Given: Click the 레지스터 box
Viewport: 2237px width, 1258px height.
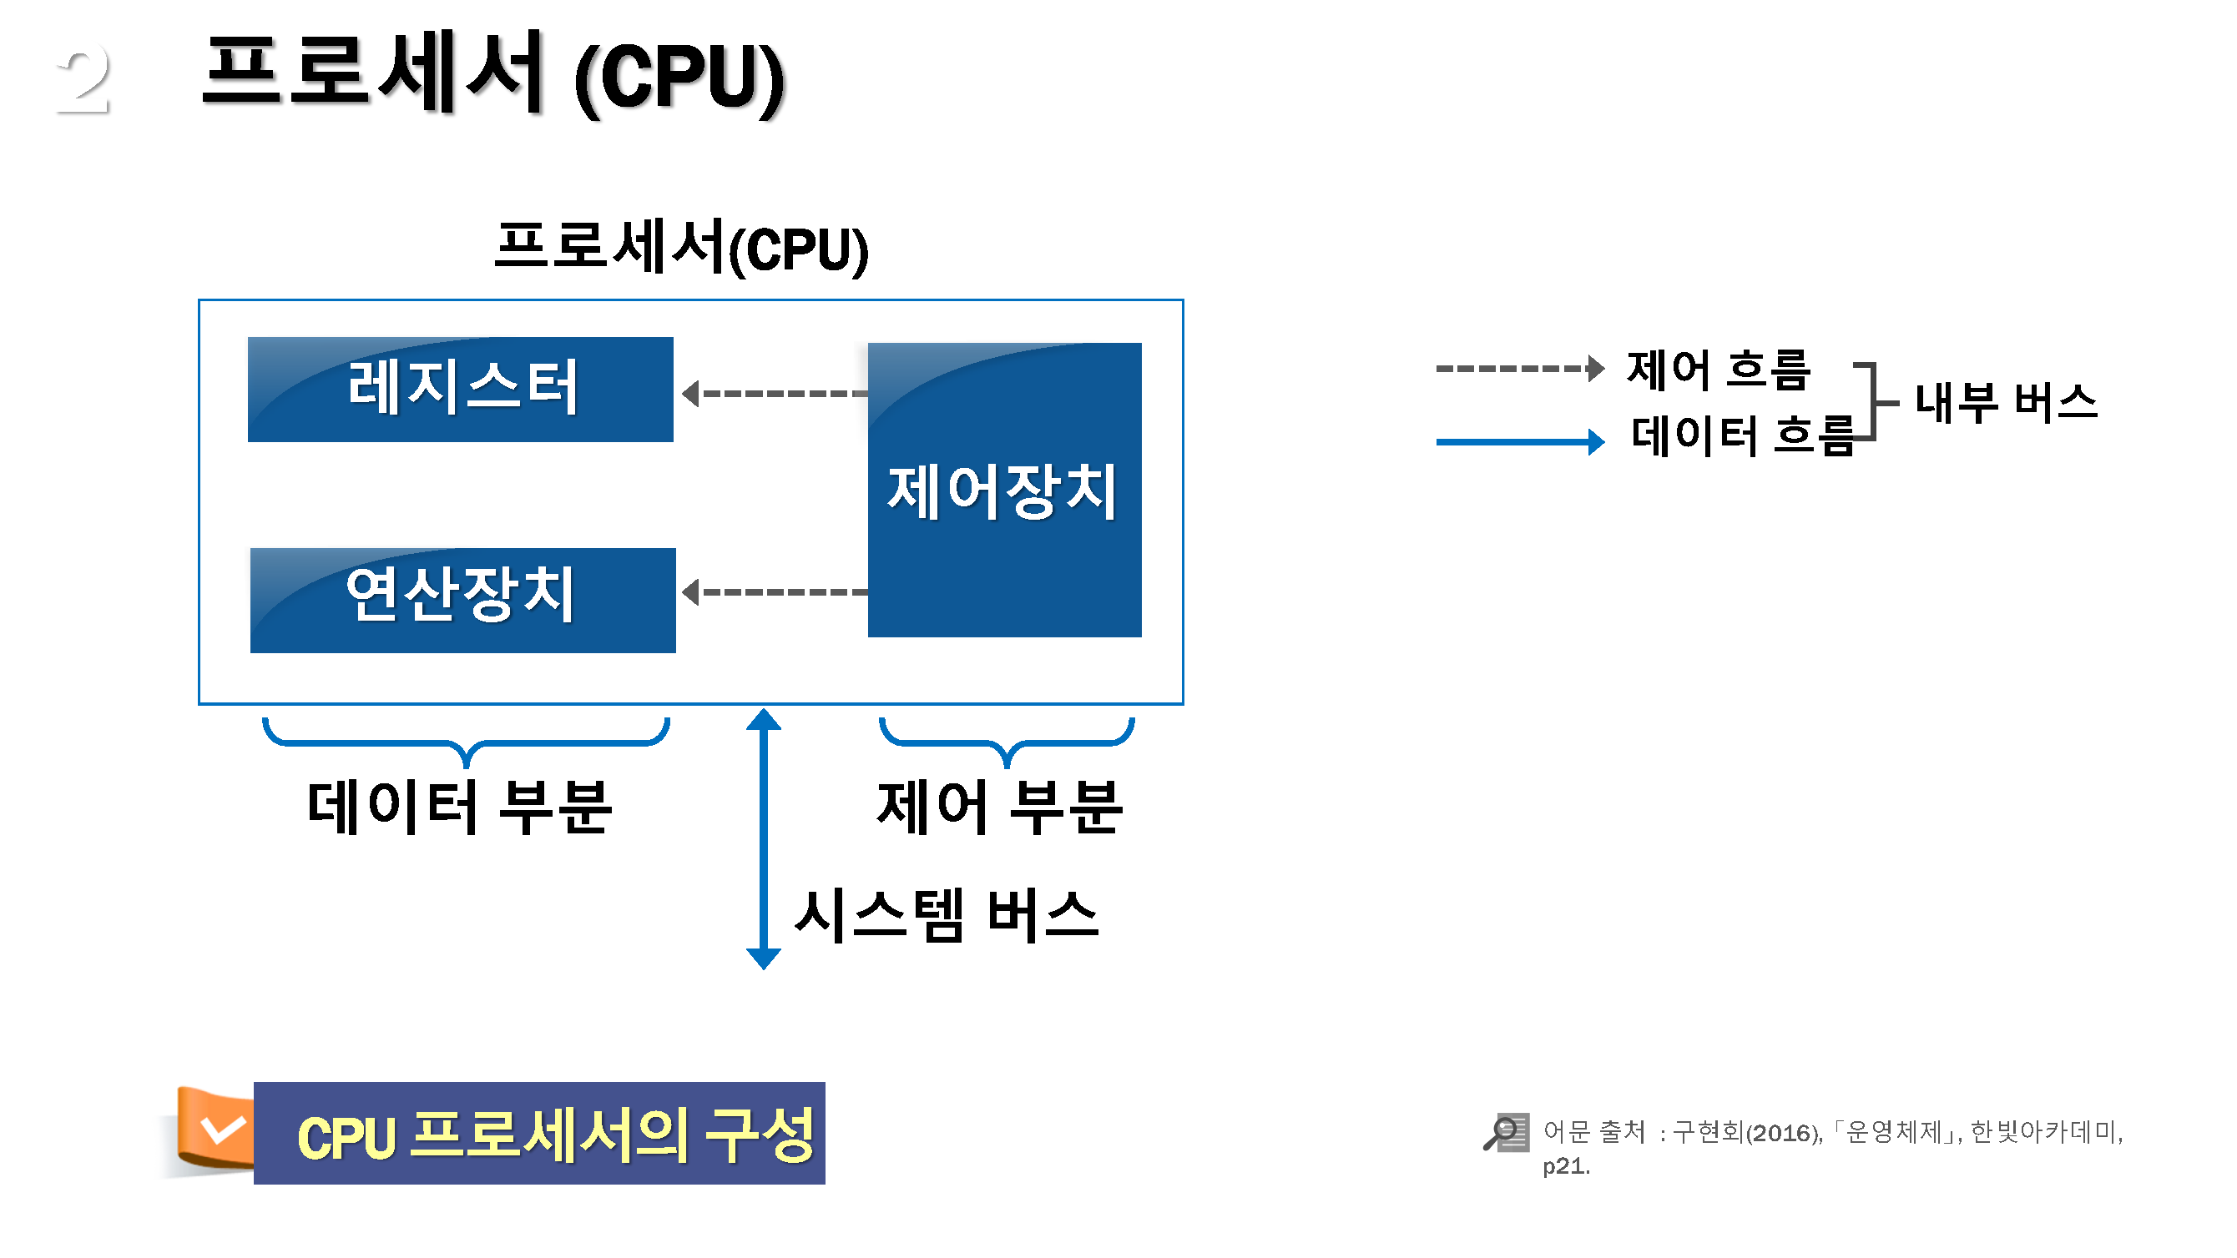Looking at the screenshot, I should pos(460,389).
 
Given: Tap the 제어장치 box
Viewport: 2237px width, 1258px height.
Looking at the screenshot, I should pos(1004,490).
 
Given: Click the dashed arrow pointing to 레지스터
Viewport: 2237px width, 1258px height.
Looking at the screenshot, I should pos(775,394).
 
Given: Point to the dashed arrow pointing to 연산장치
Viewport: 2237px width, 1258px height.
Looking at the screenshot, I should pos(775,592).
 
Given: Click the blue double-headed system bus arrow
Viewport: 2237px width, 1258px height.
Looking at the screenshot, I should pos(763,838).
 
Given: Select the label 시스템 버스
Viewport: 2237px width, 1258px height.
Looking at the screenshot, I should pos(947,915).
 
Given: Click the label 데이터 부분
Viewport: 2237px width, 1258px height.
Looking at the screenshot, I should pos(460,807).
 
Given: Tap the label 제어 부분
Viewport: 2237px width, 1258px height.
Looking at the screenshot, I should pos(1001,807).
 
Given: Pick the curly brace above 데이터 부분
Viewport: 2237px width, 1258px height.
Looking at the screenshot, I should pos(467,742).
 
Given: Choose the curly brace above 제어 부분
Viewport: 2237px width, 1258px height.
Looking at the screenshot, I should pos(1007,742).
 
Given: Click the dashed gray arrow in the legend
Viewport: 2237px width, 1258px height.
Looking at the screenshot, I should pos(1519,368).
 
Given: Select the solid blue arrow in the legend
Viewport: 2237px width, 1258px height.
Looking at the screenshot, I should pos(1519,442).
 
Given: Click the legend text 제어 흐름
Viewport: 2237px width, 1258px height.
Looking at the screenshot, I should pos(1719,369).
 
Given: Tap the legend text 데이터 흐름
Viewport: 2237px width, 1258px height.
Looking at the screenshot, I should pos(1741,435).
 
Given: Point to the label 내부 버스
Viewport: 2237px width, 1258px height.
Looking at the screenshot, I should pos(2006,403).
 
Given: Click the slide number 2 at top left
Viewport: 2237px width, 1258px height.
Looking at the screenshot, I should pos(83,80).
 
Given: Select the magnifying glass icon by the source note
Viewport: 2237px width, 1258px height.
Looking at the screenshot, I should pos(1506,1132).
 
